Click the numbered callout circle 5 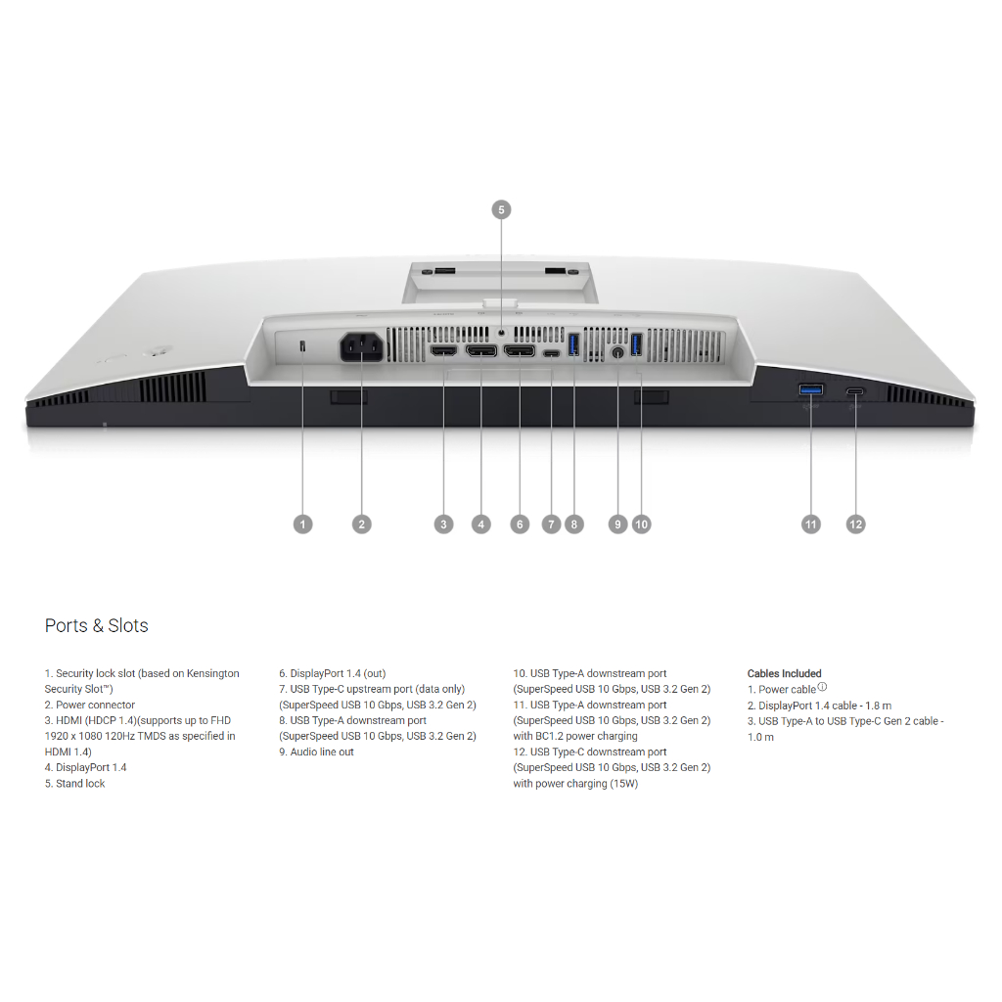click(501, 209)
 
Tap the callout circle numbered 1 click(303, 524)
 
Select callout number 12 click(856, 524)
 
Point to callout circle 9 click(617, 524)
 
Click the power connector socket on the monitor click(361, 348)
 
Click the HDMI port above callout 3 click(444, 349)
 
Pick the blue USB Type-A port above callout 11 click(811, 390)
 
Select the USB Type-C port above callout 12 click(856, 391)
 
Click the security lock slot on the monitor click(302, 345)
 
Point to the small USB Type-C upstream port click(552, 352)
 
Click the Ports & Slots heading click(97, 625)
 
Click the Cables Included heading click(785, 673)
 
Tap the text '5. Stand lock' click(74, 784)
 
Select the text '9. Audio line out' click(316, 752)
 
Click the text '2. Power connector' click(90, 705)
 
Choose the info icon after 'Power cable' click(822, 687)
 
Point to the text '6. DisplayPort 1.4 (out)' click(332, 673)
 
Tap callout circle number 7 click(552, 524)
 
